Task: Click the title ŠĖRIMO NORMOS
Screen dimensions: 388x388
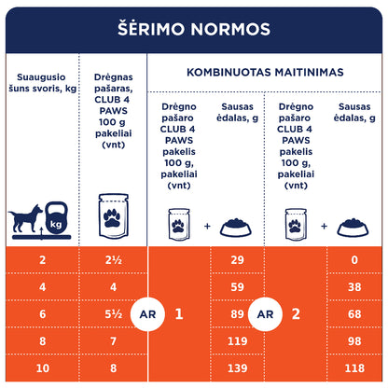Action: (x=194, y=28)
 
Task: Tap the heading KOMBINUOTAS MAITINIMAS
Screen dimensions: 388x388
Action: (x=264, y=72)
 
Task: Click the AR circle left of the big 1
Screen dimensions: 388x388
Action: (x=147, y=315)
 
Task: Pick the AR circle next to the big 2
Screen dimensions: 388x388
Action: (x=266, y=315)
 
